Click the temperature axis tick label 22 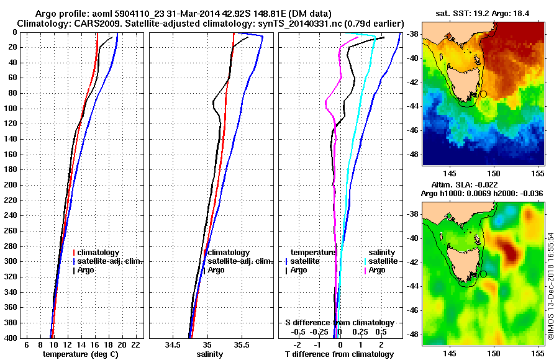[135, 344]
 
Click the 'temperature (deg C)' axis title [80, 354]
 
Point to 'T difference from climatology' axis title [339, 354]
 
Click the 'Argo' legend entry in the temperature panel [86, 270]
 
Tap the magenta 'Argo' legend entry [377, 270]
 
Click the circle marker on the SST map [483, 94]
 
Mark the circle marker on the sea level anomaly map [483, 274]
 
